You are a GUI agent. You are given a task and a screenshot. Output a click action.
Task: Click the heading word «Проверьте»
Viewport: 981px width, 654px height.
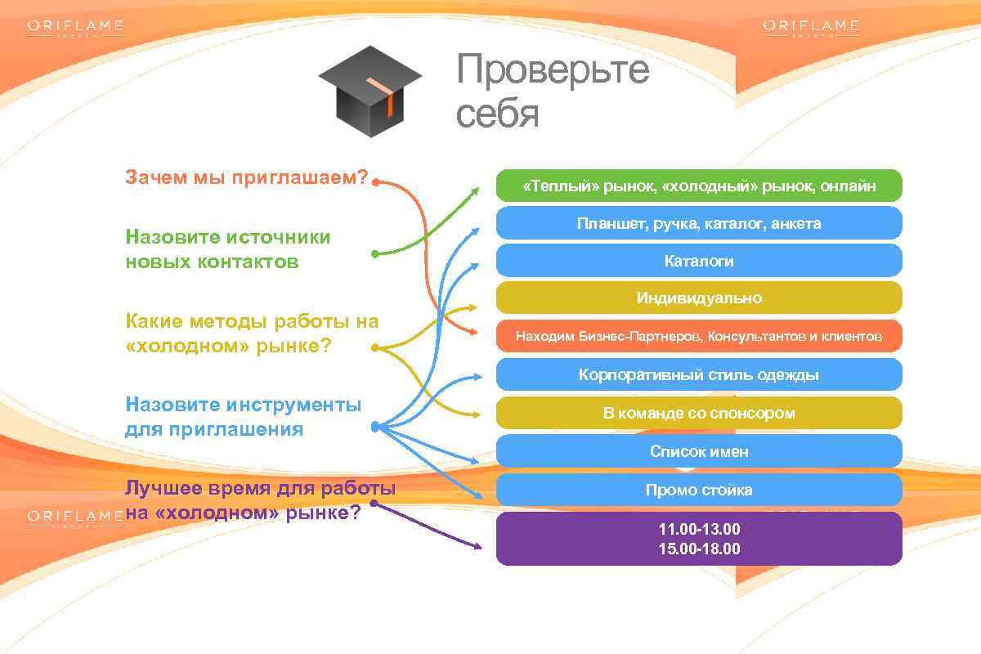click(x=553, y=69)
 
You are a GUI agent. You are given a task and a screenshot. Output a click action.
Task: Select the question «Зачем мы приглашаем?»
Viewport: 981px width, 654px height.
click(x=246, y=177)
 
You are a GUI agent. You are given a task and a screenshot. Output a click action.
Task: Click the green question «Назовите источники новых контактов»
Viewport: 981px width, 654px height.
click(x=228, y=249)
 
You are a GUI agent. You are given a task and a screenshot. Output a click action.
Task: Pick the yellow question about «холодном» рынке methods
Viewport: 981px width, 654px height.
click(x=252, y=334)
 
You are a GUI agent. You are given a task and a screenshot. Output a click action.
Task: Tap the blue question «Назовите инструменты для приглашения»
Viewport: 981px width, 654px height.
click(x=243, y=417)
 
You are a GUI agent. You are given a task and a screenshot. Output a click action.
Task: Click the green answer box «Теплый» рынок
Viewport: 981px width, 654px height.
click(x=699, y=186)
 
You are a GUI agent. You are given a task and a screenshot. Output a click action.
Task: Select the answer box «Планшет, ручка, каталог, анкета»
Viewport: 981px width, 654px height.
click(x=699, y=223)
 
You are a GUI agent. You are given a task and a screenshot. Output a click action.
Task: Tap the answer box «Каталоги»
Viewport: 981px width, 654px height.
click(x=699, y=261)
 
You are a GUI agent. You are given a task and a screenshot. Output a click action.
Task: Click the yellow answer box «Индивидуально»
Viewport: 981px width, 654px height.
click(x=699, y=298)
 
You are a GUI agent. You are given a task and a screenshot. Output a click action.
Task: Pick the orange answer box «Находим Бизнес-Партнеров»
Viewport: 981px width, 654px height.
click(x=699, y=336)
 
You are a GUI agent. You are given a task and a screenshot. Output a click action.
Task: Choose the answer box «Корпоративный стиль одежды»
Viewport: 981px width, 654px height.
click(x=699, y=374)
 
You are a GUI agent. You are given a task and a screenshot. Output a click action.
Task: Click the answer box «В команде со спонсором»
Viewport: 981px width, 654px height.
click(x=699, y=413)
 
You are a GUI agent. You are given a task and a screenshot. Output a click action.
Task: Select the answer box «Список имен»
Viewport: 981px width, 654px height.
click(x=699, y=451)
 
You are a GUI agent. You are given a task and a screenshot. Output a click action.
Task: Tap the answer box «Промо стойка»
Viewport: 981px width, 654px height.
click(x=699, y=490)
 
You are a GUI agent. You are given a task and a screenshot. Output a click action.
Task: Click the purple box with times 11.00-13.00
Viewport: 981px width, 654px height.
click(x=699, y=539)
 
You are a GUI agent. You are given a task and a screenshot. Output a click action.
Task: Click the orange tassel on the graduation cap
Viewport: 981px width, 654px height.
click(x=387, y=96)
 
